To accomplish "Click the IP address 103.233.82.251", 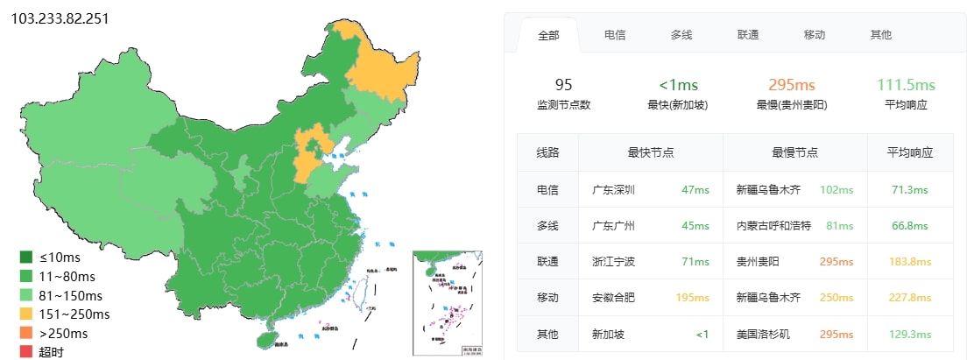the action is tap(60, 18).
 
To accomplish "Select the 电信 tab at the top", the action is tap(614, 35).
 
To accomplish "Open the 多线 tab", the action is tap(681, 35).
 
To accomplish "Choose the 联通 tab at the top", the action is tap(748, 35).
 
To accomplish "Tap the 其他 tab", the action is tap(880, 35).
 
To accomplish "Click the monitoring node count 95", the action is tap(563, 85).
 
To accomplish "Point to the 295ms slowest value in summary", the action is tap(791, 85).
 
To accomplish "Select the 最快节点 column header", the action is tap(650, 152).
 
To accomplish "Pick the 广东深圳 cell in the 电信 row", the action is tap(613, 189).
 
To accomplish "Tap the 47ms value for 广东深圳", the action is tap(695, 189).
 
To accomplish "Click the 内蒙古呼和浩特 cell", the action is tap(773, 226).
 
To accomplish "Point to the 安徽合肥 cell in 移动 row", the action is tap(613, 298).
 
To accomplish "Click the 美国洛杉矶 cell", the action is tap(764, 335).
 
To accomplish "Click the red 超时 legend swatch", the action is tap(26, 351).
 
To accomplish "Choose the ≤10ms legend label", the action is tap(60, 258).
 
